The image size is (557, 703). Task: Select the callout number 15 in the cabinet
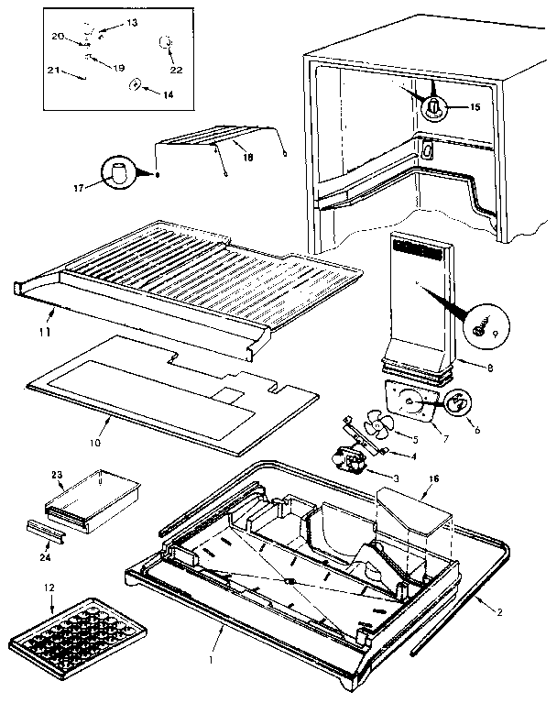(474, 107)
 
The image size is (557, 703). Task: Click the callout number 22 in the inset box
(176, 70)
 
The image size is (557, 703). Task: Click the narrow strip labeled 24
(55, 529)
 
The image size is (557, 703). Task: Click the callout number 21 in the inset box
(53, 70)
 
